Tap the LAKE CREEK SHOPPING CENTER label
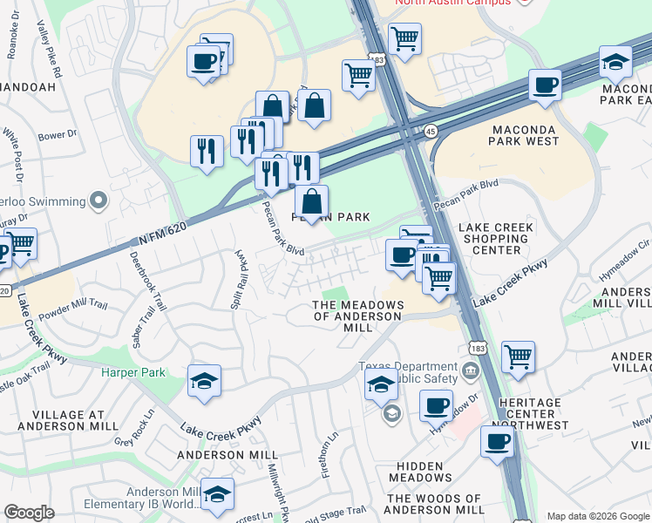pos(497,239)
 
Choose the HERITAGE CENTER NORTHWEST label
pos(525,414)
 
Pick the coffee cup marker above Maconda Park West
pos(546,86)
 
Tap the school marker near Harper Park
pos(204,380)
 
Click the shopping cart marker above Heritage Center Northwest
pos(518,357)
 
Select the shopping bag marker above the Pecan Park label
pos(311,202)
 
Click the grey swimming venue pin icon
pos(98,201)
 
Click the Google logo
pos(29,513)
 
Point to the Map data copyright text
pos(598,516)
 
